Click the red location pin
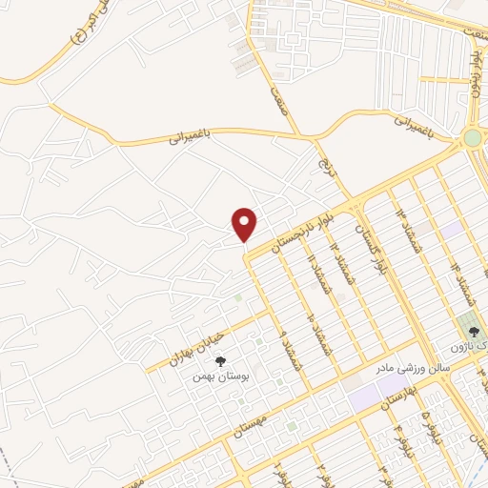(x=245, y=224)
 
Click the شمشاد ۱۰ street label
(x=314, y=305)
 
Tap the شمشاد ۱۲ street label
(x=336, y=253)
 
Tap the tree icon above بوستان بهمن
(x=221, y=361)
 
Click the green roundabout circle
(x=472, y=139)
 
